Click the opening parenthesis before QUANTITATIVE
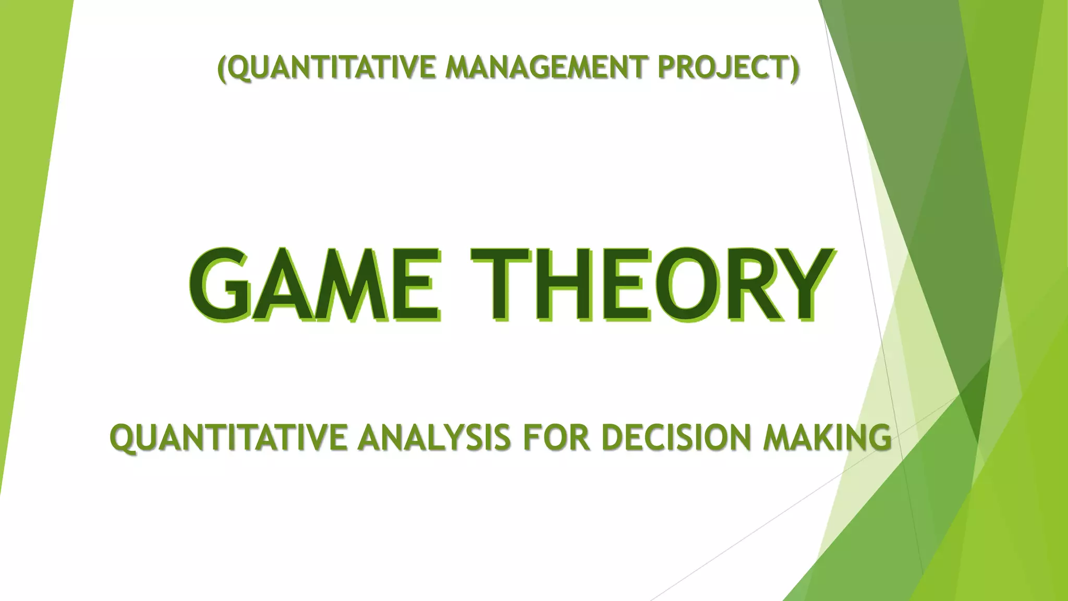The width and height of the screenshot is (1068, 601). (222, 68)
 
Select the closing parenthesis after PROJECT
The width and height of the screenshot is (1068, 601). (794, 68)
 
